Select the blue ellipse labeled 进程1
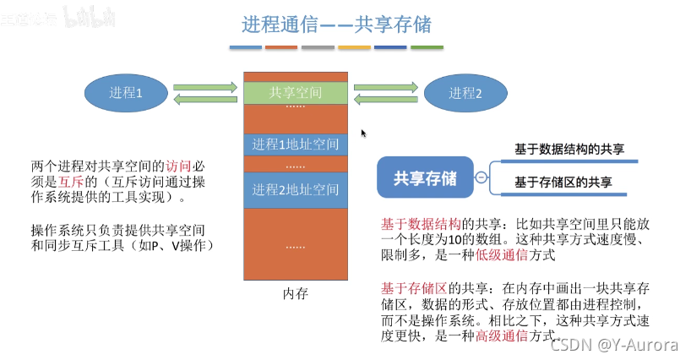[126, 93]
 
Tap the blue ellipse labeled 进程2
[465, 93]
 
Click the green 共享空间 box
[295, 93]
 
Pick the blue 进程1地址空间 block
[295, 144]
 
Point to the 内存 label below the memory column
[295, 294]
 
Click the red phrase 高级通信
[499, 335]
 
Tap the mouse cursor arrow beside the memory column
[363, 133]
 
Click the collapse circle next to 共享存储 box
[481, 178]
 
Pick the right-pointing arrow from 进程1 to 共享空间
[204, 86]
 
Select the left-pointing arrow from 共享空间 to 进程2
[384, 100]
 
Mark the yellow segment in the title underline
[354, 48]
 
